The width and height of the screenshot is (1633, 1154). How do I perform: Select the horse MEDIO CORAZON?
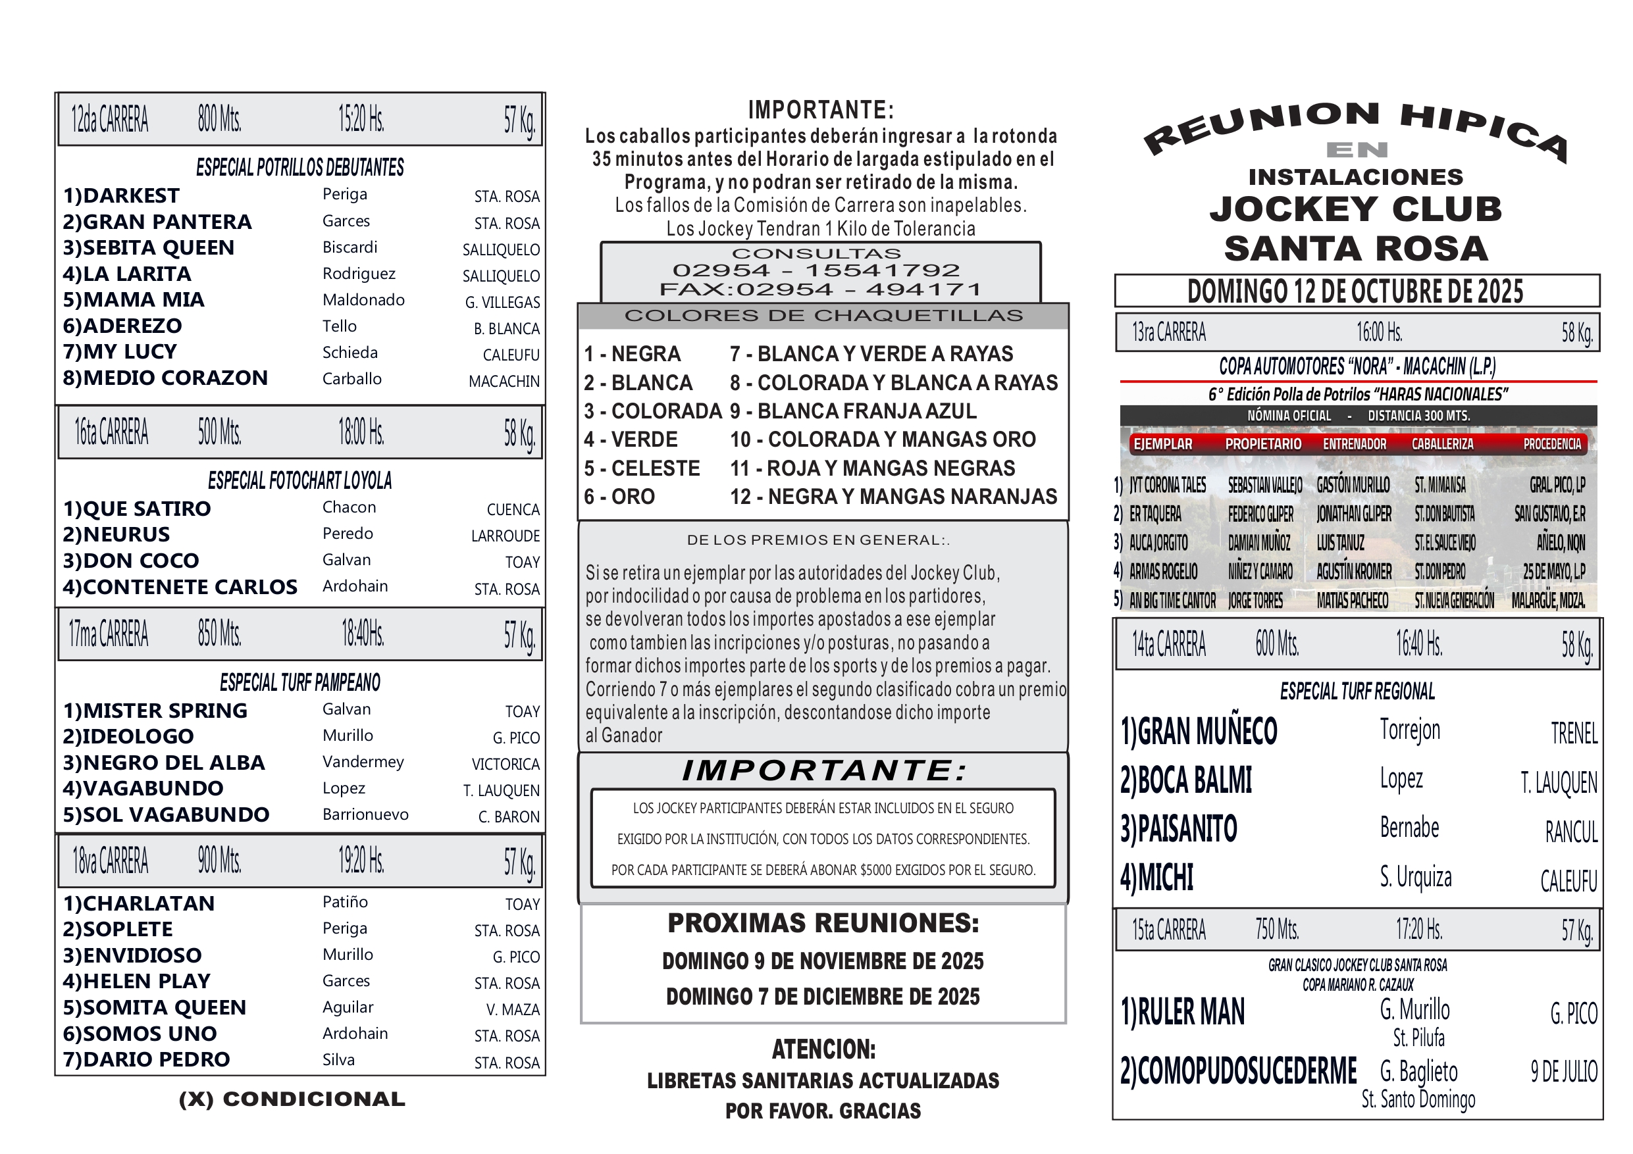[x=165, y=378]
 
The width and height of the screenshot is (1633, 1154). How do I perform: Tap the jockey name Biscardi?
[x=350, y=247]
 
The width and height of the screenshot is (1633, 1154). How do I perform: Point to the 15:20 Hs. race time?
[x=361, y=120]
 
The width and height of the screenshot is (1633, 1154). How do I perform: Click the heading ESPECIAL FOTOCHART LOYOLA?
[x=299, y=481]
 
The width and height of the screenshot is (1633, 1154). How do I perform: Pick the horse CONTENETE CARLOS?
[x=180, y=587]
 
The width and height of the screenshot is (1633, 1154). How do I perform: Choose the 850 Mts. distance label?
[x=220, y=634]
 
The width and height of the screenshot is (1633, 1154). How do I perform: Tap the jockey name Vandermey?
[x=363, y=763]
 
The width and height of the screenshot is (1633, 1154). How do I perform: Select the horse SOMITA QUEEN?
[x=154, y=1007]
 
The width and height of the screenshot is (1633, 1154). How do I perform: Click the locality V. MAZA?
[x=513, y=1010]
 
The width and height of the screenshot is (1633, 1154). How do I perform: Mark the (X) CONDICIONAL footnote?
[x=292, y=1099]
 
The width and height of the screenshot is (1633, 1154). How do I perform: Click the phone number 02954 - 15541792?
[x=816, y=271]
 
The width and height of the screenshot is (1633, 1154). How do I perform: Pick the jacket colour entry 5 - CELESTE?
[x=642, y=468]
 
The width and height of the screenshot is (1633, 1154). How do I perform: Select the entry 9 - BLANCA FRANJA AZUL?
[x=853, y=411]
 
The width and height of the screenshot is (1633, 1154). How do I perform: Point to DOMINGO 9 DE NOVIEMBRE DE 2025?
[x=823, y=961]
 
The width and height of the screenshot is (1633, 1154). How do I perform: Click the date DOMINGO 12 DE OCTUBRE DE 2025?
[x=1356, y=291]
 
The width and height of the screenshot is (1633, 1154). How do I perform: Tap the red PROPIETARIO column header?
[x=1263, y=444]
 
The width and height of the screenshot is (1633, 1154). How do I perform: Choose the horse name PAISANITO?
[x=1179, y=829]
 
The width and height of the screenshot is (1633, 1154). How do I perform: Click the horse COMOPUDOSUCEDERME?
[x=1238, y=1072]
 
